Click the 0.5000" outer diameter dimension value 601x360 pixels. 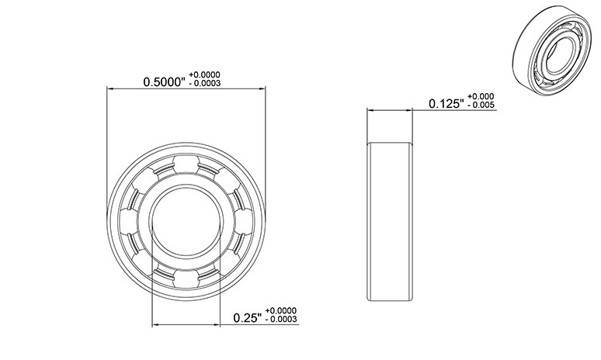click(165, 81)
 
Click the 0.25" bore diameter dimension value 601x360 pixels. click(248, 317)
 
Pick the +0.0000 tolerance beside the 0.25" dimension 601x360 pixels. click(280, 310)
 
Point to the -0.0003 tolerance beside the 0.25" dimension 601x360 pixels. click(280, 319)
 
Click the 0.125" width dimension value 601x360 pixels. click(446, 104)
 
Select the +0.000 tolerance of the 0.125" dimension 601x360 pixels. click(482, 97)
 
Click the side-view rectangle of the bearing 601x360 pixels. click(391, 223)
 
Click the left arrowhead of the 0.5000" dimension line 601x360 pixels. click(109, 89)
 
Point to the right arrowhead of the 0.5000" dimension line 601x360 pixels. click(261, 89)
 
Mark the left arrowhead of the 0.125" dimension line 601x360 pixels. click(370, 111)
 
